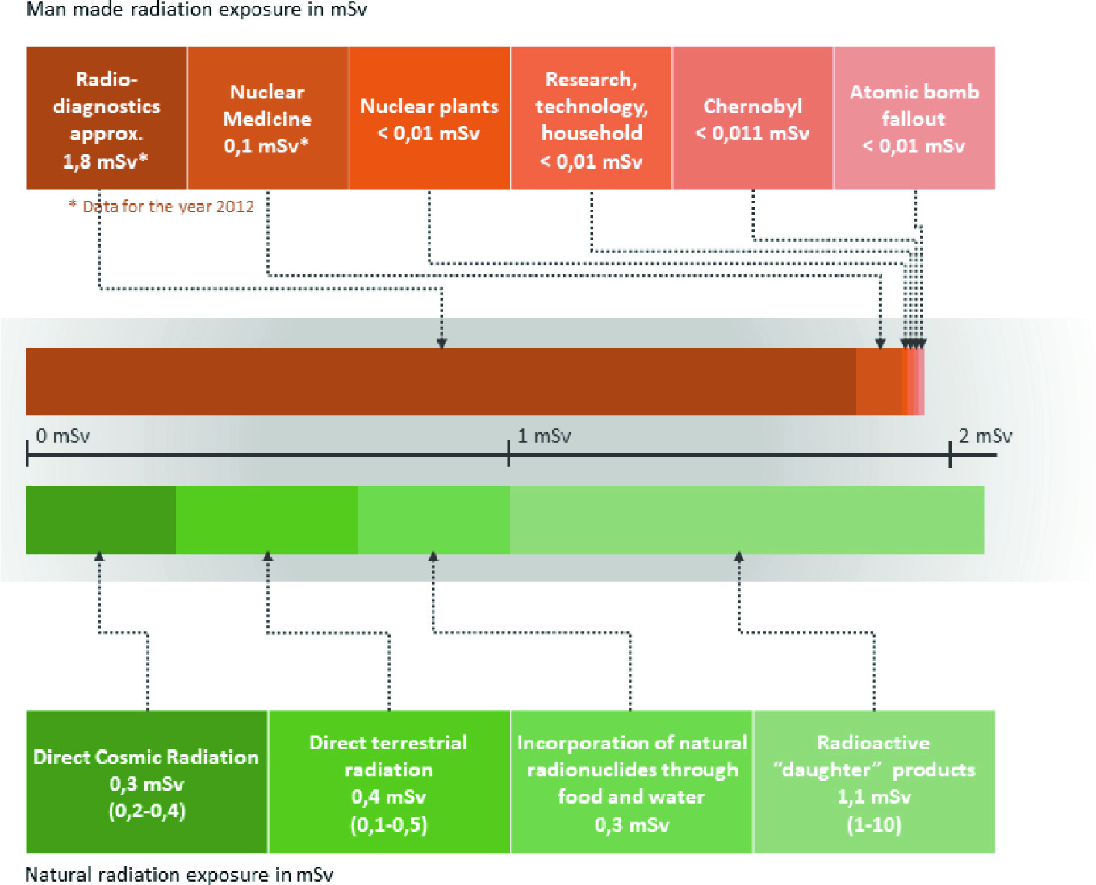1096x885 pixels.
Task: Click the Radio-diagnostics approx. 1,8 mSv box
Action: (107, 118)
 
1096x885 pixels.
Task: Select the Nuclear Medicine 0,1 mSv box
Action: (268, 118)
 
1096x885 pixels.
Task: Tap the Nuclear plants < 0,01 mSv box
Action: (429, 118)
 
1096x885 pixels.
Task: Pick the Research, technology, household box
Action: (592, 118)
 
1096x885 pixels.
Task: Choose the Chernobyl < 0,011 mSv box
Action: (753, 118)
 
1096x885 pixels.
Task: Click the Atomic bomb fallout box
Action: (914, 118)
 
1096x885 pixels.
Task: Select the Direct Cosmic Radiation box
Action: (147, 782)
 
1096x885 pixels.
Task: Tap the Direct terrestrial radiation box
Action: (389, 782)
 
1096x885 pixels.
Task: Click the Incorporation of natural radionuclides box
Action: (631, 782)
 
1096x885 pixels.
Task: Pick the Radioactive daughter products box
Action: (874, 782)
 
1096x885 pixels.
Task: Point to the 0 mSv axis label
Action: (62, 436)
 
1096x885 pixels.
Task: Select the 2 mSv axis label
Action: (985, 436)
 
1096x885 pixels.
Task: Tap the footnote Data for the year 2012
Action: (161, 207)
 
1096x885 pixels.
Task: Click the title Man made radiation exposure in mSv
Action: (197, 10)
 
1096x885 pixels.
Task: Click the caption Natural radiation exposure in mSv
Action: (179, 875)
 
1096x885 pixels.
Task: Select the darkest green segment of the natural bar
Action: (101, 520)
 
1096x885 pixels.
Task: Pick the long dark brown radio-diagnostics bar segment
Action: (441, 382)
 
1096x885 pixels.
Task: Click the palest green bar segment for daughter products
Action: (747, 520)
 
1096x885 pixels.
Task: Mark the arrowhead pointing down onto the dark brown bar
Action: (441, 343)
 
